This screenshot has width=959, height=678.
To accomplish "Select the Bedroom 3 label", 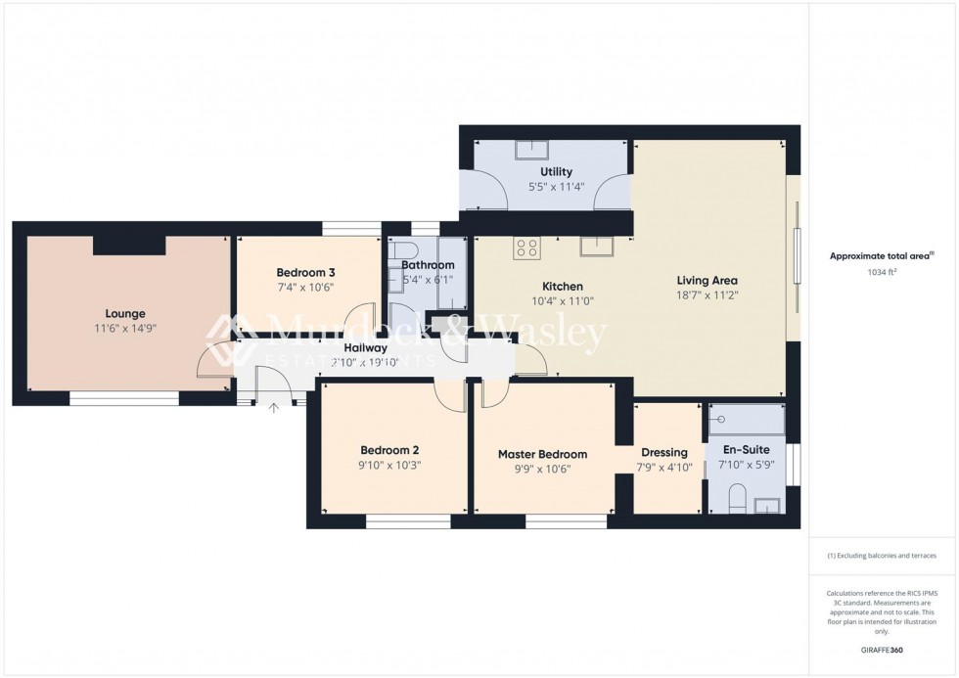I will tap(305, 272).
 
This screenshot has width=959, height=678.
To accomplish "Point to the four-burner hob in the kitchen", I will tap(527, 249).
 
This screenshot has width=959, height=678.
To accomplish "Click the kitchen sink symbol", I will tap(595, 246).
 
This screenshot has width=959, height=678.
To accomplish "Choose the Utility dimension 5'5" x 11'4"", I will tap(556, 186).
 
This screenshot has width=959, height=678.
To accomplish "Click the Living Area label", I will tap(707, 280).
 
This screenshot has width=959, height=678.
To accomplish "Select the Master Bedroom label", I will tap(542, 454).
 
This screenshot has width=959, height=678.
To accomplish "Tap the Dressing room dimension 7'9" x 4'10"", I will tap(664, 468).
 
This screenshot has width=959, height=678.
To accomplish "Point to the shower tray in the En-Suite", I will tap(747, 420).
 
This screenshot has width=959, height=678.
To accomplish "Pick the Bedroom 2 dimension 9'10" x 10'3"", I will tap(388, 466).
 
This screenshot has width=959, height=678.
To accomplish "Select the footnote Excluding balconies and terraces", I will tap(882, 556).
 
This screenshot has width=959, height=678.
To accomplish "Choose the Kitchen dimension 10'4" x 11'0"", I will tap(562, 301).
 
